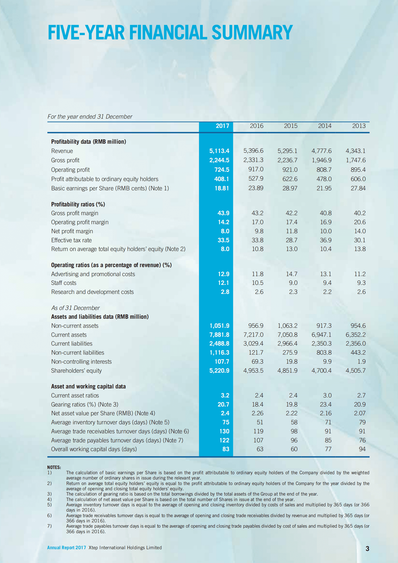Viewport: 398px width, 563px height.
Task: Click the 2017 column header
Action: (222, 126)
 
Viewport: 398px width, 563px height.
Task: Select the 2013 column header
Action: (359, 126)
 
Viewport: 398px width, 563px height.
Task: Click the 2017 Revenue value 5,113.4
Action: (219, 151)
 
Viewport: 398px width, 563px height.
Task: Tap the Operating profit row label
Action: (70, 170)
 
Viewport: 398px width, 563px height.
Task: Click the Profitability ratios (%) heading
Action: (78, 204)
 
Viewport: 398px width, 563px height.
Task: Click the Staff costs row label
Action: (64, 283)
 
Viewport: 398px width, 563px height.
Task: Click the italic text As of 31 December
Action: (75, 308)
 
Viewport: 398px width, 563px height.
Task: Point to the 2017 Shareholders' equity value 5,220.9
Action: (219, 371)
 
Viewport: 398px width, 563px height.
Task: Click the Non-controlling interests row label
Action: (81, 362)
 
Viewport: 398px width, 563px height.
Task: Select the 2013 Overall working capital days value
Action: (362, 449)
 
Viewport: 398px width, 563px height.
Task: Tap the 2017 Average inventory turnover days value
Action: (225, 422)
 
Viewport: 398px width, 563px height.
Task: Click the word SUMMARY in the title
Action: (252, 33)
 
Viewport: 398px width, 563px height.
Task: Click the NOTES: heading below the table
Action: (54, 467)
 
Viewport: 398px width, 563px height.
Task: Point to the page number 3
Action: (367, 549)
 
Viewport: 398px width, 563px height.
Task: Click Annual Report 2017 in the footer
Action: (66, 548)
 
